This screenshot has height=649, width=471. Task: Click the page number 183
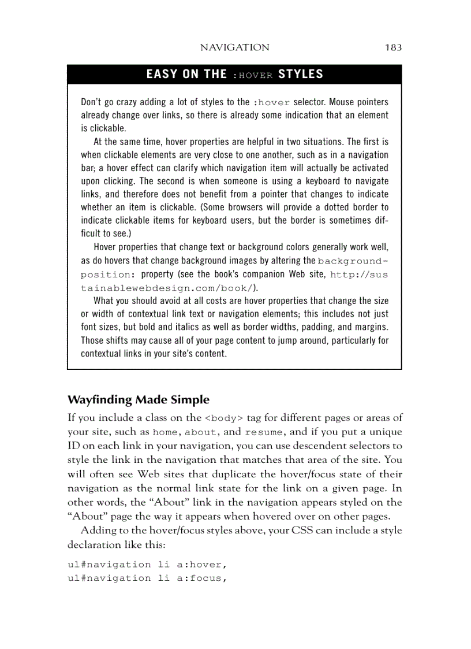coord(393,47)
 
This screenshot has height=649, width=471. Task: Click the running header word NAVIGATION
coord(234,47)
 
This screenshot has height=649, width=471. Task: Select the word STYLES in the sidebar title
coord(301,75)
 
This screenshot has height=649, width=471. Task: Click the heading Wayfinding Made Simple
coord(139,399)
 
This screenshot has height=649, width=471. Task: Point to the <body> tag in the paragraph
coord(224,418)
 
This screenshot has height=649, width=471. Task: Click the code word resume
coord(264,432)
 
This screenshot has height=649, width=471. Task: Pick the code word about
coord(201,432)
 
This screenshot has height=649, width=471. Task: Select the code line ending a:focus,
coord(145,578)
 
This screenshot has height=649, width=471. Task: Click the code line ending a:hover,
coord(145,564)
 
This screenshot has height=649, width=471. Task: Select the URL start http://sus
coord(359,275)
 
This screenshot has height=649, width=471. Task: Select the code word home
coord(165,432)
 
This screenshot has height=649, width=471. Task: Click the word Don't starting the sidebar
coord(93,102)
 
